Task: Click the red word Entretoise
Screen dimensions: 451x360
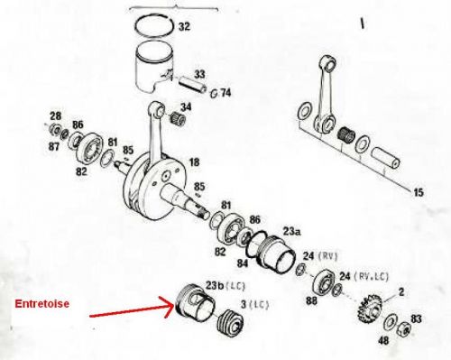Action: [42, 303]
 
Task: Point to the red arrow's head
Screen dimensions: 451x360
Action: [169, 305]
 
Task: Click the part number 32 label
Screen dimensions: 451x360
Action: [184, 26]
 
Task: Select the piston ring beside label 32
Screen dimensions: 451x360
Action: [154, 26]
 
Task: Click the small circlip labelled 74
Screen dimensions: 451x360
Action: [215, 94]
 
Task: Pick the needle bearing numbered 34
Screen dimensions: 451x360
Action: [178, 118]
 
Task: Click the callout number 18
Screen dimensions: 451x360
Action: [194, 162]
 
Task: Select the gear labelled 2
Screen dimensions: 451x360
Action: [369, 309]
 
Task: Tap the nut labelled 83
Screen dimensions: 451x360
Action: [405, 328]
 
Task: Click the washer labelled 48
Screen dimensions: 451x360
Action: [390, 322]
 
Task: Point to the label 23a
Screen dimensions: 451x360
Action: [292, 232]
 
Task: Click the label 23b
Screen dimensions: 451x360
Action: [215, 285]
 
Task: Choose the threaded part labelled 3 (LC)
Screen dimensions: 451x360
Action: [230, 323]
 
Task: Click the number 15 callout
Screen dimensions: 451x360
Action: [419, 192]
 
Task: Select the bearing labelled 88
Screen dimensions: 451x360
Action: [324, 282]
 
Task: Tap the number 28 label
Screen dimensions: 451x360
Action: [55, 115]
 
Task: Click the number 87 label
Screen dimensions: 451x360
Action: [55, 147]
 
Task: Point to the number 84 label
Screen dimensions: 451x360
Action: [243, 263]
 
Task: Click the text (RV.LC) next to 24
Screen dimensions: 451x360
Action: [372, 276]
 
